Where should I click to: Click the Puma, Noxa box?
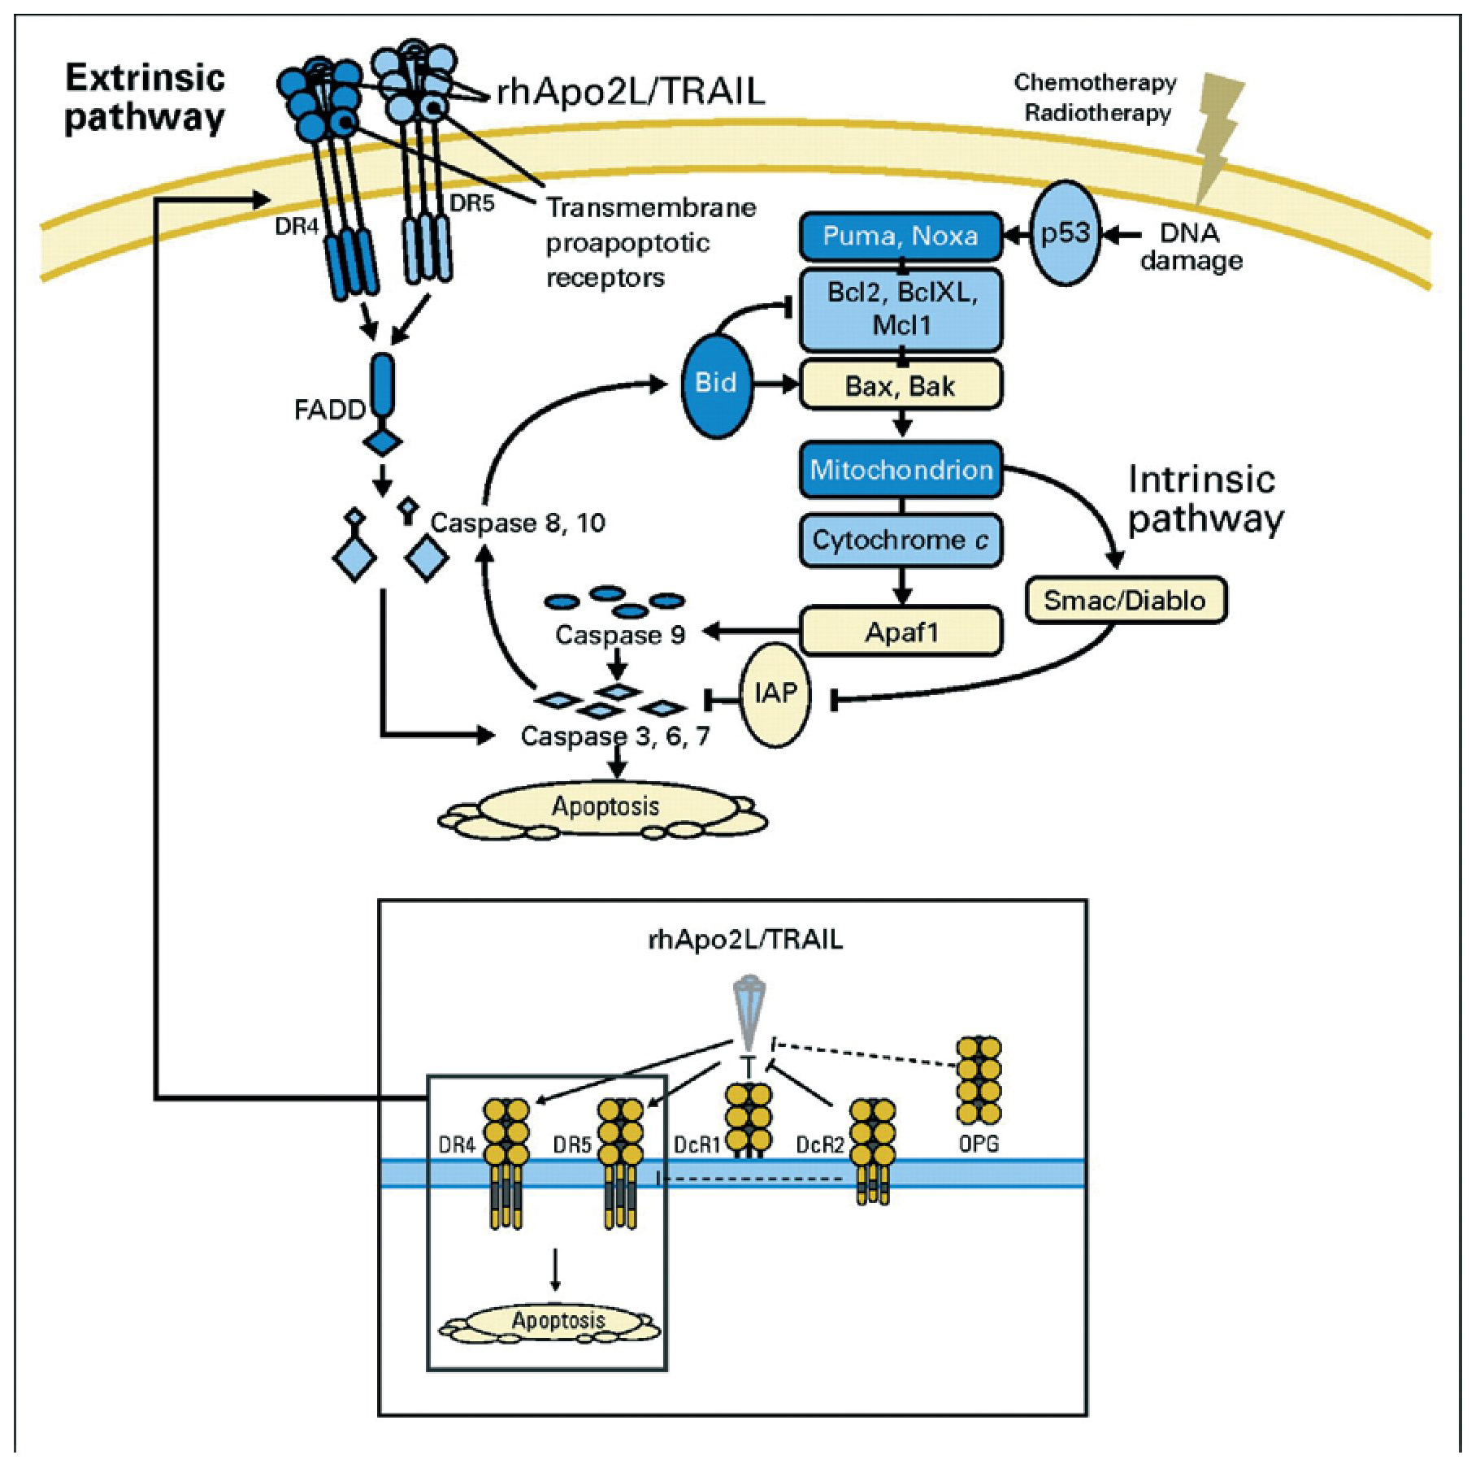point(901,237)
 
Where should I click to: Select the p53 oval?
point(1065,233)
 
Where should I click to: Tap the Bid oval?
point(715,383)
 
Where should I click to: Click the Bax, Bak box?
point(901,385)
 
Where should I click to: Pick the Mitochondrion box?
point(901,469)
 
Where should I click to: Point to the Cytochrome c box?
point(901,540)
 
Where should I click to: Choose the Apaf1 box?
point(901,631)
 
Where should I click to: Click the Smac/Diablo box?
point(1125,601)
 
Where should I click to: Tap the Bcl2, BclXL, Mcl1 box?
point(901,310)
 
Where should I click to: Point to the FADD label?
point(329,410)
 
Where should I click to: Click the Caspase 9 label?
point(620,635)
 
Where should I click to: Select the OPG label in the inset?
point(979,1144)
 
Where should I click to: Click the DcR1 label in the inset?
point(697,1144)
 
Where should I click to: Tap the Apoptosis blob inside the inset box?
point(558,1320)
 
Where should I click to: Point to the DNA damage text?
point(1191,247)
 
